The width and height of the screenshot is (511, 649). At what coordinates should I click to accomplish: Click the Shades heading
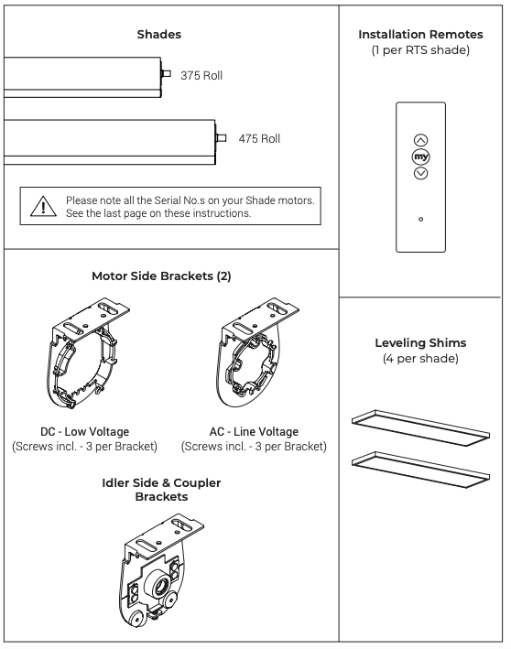[159, 35]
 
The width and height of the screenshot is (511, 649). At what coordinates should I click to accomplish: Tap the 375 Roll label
[201, 76]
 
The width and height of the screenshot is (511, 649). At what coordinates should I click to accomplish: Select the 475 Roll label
[259, 138]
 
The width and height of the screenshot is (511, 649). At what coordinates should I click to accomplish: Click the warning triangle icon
[43, 206]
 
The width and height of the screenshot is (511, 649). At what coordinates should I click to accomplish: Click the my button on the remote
[420, 157]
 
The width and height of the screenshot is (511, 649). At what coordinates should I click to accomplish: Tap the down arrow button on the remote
[420, 173]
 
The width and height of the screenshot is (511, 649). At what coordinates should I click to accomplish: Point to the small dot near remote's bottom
[420, 219]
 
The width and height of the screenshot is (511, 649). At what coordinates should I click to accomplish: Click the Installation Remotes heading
[420, 35]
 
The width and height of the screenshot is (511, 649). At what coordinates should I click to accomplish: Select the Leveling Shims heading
[420, 342]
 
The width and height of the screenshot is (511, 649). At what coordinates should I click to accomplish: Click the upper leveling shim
[420, 428]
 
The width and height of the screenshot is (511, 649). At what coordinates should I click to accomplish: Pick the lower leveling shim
[420, 470]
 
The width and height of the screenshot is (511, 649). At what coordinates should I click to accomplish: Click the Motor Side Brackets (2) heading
[161, 276]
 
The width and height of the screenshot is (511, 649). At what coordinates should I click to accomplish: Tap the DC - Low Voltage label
[84, 432]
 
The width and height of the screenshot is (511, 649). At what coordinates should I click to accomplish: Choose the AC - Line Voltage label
[254, 432]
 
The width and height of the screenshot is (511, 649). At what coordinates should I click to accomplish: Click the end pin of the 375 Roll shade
[166, 73]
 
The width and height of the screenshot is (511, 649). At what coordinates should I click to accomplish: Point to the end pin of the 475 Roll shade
[221, 138]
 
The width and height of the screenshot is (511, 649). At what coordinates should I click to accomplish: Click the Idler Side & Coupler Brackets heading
[161, 490]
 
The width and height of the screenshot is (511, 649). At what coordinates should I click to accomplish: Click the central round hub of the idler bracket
[159, 585]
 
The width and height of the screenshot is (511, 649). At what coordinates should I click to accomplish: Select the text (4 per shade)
[420, 359]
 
